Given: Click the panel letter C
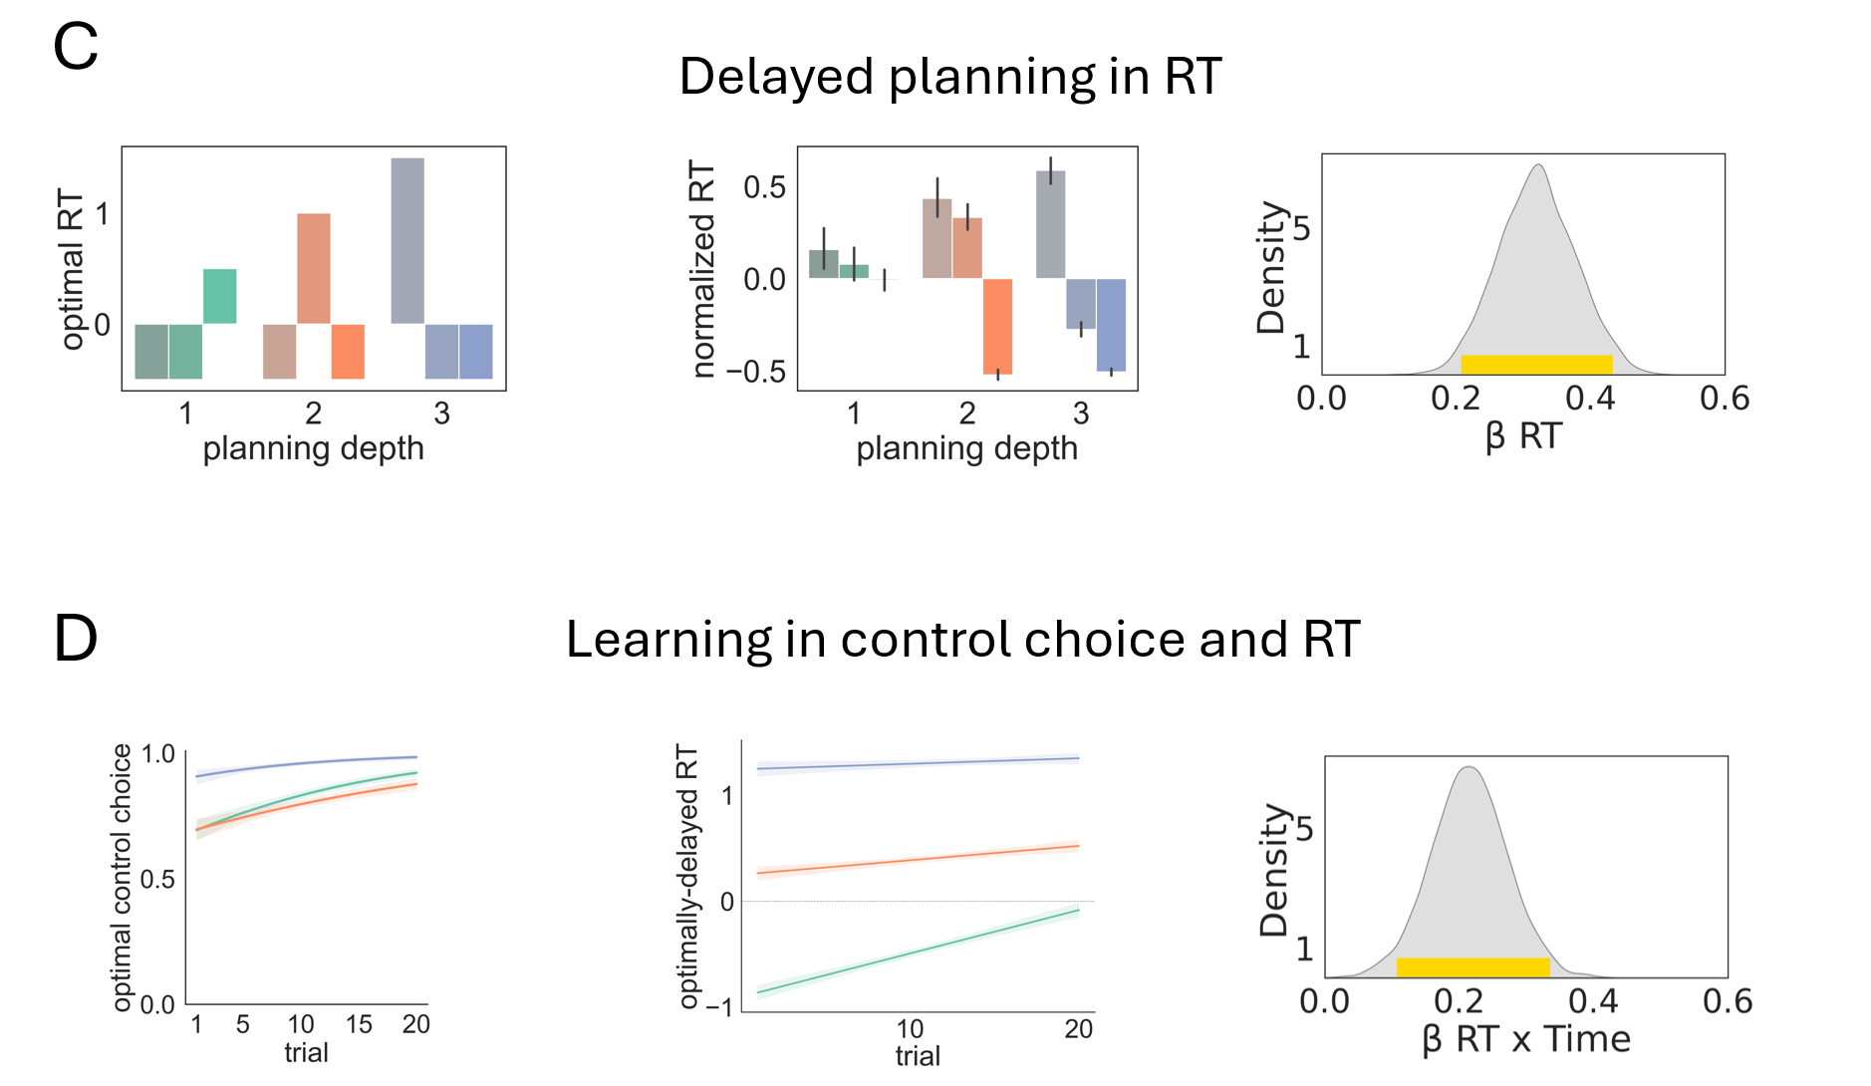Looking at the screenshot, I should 76,46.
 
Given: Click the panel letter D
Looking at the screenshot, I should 76,638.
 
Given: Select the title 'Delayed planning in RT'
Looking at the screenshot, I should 949,76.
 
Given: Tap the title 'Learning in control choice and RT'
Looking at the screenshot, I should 962,639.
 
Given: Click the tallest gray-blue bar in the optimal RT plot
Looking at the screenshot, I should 407,240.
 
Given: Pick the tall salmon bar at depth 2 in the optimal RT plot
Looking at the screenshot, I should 314,268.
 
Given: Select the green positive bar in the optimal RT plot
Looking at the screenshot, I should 220,296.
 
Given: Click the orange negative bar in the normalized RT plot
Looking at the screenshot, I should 997,326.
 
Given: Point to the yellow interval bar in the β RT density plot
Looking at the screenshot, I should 1536,364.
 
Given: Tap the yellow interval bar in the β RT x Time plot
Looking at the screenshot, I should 1472,966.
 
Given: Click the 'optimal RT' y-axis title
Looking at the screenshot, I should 72,268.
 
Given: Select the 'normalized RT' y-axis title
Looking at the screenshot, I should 703,270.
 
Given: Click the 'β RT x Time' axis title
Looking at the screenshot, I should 1525,1039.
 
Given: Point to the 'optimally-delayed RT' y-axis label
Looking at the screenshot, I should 687,876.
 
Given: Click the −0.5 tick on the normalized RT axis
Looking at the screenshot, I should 755,372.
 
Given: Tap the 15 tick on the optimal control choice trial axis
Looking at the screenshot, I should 359,1024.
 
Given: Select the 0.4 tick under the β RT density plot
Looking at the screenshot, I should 1590,399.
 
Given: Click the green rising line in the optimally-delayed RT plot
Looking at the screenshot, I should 917,951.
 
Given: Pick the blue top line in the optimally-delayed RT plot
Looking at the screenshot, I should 917,763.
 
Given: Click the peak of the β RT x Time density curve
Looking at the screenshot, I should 1468,767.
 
